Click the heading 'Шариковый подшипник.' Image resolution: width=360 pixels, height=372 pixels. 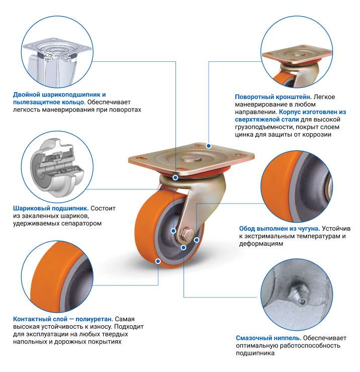click(x=50, y=208)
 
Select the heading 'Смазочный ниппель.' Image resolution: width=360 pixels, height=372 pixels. click(x=268, y=338)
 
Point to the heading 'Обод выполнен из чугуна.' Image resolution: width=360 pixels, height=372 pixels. click(x=279, y=228)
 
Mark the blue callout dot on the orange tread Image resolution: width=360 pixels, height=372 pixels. click(x=158, y=261)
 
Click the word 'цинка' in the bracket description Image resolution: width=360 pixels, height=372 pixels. click(x=244, y=135)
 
